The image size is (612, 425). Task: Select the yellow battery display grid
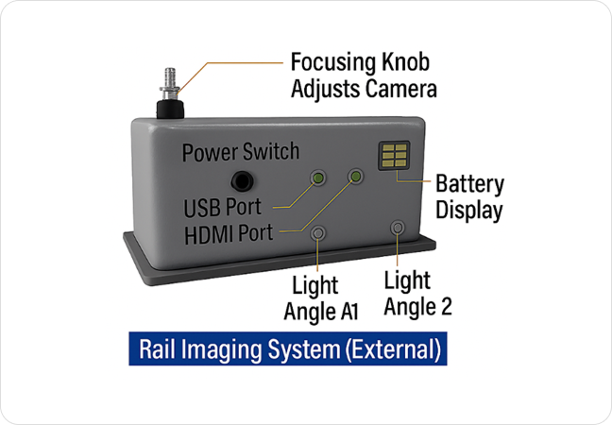[x=395, y=157]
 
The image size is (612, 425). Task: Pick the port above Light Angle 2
[x=399, y=228]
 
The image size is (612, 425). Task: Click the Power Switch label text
[x=240, y=151]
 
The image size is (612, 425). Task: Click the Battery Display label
[x=469, y=196]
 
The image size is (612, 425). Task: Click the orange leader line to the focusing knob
[x=236, y=65]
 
